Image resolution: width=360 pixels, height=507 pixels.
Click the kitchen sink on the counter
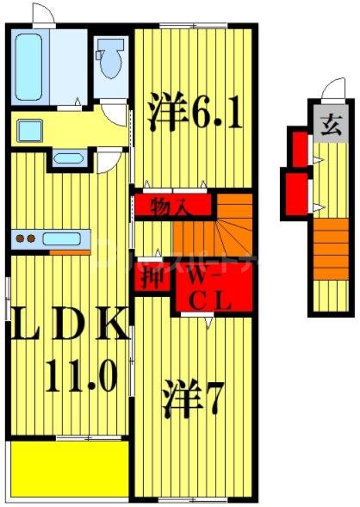62,238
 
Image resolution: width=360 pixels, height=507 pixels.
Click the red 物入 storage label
170,207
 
